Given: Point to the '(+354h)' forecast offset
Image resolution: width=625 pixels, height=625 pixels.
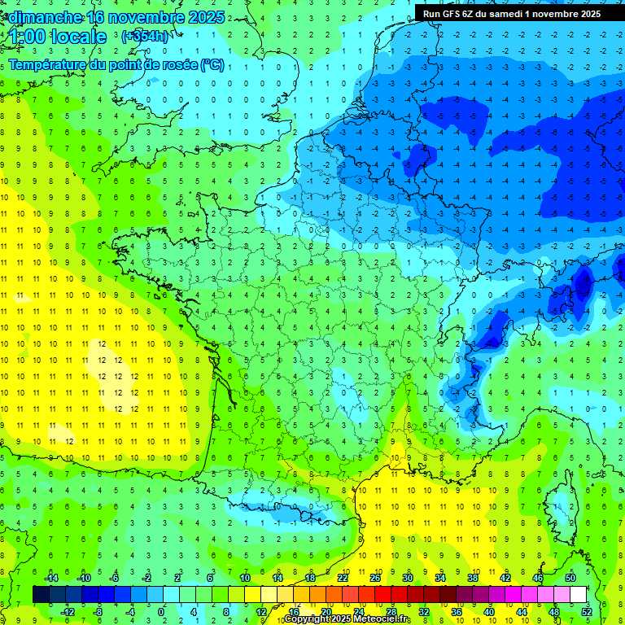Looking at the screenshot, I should [x=144, y=37].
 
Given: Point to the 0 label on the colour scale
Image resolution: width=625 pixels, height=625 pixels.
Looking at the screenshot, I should [x=161, y=611].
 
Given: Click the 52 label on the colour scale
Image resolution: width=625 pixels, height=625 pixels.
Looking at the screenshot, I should [x=587, y=611].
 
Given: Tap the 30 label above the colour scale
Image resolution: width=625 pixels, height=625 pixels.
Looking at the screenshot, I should [x=407, y=578].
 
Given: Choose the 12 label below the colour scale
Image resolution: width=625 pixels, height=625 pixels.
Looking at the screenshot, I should [x=260, y=611].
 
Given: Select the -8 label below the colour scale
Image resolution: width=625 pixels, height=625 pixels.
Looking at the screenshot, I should [x=98, y=611].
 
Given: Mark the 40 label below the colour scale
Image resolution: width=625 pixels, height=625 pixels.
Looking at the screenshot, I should [x=488, y=611].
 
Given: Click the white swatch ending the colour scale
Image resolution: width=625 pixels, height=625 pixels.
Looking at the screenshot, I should [x=578, y=594].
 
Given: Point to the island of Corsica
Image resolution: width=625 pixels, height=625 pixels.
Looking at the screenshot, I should [x=557, y=505].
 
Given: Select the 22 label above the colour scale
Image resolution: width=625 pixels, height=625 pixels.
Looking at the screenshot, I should [x=342, y=578].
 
